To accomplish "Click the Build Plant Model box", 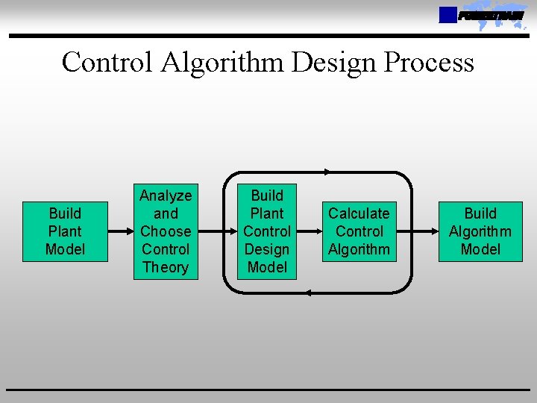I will (x=65, y=231).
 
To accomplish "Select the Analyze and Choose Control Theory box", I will (x=166, y=231).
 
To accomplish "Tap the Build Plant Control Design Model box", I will (x=267, y=231).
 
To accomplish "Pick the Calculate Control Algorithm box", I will (x=359, y=231).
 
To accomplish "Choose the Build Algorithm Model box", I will (x=480, y=231).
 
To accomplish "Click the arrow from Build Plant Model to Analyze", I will (x=119, y=231).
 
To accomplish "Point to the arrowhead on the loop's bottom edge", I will (x=308, y=293).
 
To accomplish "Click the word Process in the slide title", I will (x=428, y=62).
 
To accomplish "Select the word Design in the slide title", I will (x=335, y=62).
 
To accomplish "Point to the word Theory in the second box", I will (x=166, y=267).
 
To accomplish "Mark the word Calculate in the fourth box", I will (x=359, y=213).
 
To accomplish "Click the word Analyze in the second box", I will (x=166, y=196).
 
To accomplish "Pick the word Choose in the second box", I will (x=166, y=231).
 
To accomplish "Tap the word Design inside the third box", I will (x=267, y=249).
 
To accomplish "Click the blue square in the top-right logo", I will (x=447, y=15).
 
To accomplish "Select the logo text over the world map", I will (x=491, y=16).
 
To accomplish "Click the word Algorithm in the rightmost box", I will (x=480, y=231).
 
